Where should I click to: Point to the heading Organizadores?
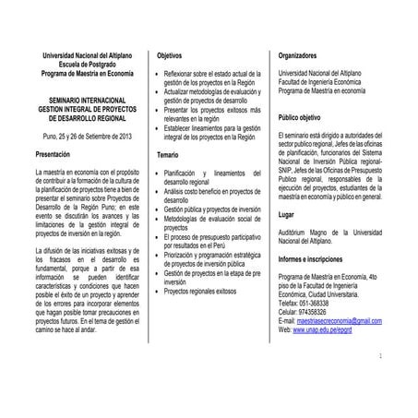[x=303, y=56]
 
